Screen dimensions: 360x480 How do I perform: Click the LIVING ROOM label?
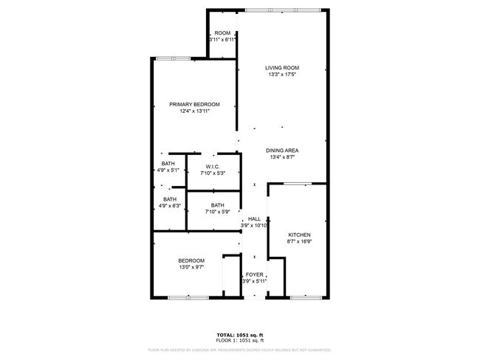[x=282, y=68]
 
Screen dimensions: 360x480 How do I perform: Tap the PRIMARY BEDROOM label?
[x=194, y=105]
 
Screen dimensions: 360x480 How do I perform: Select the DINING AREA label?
[x=282, y=150]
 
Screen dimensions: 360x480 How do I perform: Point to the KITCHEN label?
[x=299, y=235]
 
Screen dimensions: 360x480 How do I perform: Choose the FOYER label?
[x=254, y=274]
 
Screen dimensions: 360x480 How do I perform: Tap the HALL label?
[x=254, y=219]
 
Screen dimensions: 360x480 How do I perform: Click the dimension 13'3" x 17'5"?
[x=282, y=75]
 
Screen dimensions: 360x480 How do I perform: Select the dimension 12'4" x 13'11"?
[x=194, y=111]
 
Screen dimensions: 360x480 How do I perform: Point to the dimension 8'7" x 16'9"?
[x=299, y=241]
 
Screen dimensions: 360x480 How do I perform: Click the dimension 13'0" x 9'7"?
[x=191, y=267]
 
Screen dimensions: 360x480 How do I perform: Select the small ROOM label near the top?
[x=222, y=33]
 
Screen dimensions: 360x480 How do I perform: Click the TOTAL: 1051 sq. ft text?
[x=240, y=333]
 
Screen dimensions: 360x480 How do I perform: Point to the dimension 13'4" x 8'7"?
[x=282, y=157]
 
